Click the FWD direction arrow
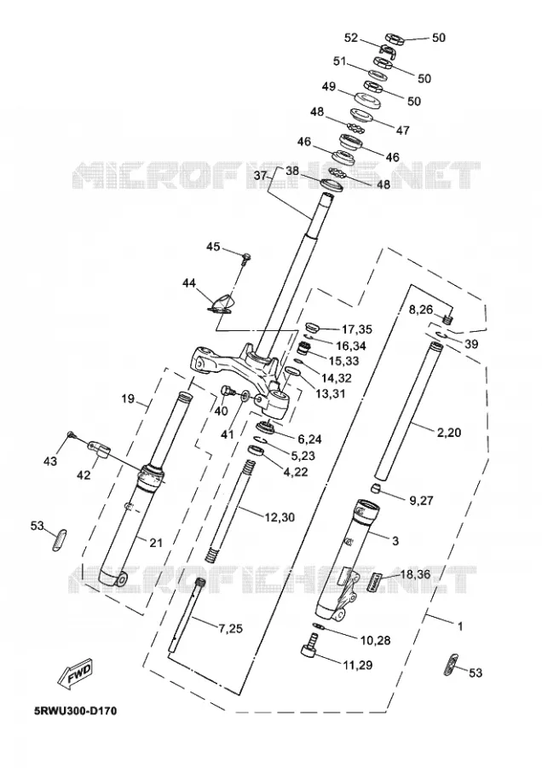point(75,672)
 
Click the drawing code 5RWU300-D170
point(75,711)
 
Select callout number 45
point(213,247)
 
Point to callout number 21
point(156,543)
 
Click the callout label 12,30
point(280,517)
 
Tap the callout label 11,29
point(357,665)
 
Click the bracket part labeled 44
point(221,305)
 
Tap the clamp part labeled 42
point(100,449)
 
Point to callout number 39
point(471,345)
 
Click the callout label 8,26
point(421,310)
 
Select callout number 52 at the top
point(351,38)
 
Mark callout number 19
point(128,399)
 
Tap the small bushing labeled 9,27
point(374,488)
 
